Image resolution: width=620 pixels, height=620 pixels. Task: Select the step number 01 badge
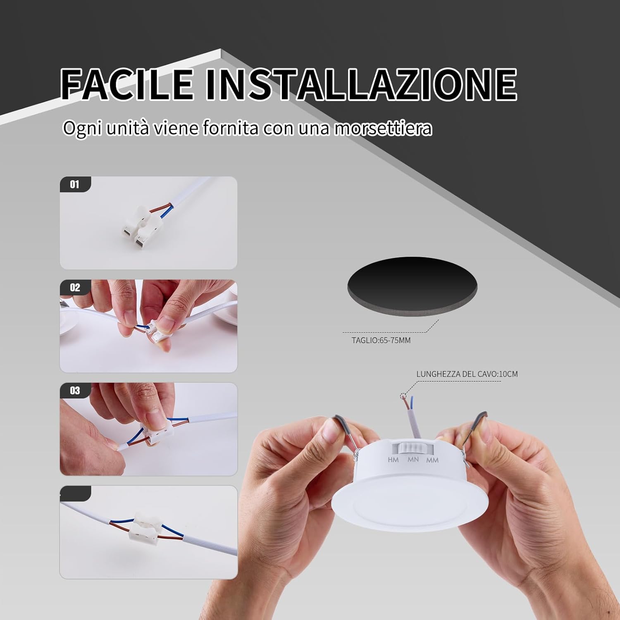pos(75,184)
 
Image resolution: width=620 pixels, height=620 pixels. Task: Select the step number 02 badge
pos(75,287)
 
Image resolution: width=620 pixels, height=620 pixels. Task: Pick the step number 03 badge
pos(75,391)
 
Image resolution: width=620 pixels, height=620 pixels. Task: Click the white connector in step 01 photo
pos(141,227)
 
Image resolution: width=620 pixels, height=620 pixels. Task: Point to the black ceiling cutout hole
pos(412,284)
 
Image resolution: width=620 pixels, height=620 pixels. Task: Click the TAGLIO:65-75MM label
pos(381,341)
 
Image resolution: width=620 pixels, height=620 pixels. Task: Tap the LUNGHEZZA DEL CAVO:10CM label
pos(467,374)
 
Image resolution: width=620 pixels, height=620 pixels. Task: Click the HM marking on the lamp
pos(393,460)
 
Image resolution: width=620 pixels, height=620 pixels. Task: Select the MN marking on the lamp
pos(413,460)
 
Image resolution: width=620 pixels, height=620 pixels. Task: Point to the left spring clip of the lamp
pos(344,430)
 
